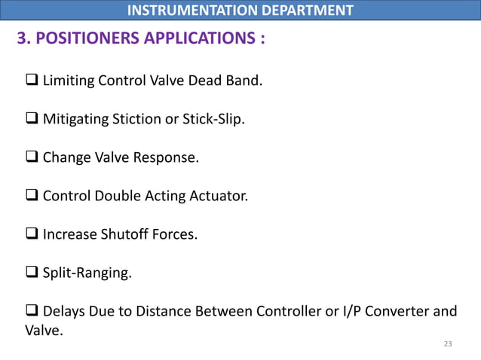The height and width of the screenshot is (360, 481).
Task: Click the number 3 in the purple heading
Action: [x=22, y=38]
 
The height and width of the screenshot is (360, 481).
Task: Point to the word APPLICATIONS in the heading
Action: [x=200, y=38]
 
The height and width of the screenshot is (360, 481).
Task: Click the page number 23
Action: [x=448, y=343]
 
